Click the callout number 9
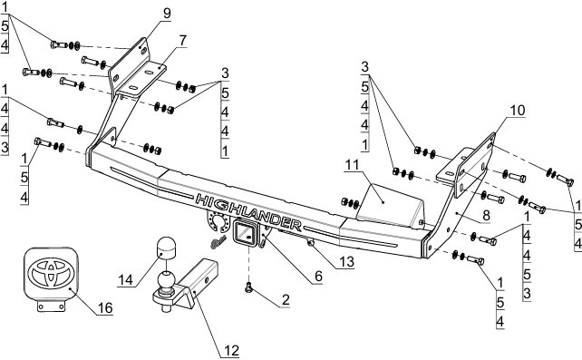tap(167, 13)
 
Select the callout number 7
tap(182, 40)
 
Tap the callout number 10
tap(518, 111)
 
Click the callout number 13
tap(346, 262)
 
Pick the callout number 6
tap(318, 277)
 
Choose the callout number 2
tap(285, 299)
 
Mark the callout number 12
tap(231, 350)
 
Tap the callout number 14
tap(125, 279)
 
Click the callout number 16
tap(104, 307)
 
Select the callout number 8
tap(486, 215)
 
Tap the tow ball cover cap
tap(165, 248)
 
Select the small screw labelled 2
tap(248, 287)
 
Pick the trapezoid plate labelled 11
tap(390, 205)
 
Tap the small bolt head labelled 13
tap(311, 243)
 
